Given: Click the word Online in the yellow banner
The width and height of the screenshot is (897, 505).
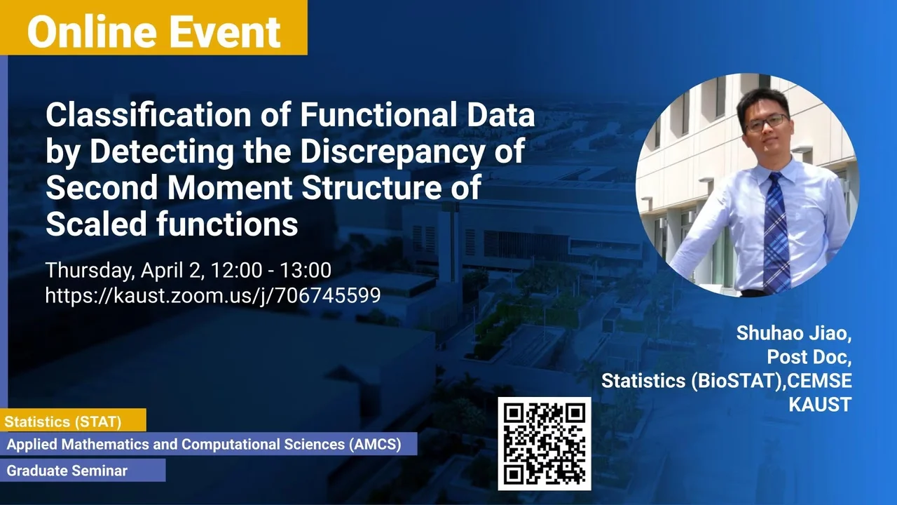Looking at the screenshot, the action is point(92,32).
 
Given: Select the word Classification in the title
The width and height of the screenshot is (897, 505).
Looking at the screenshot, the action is point(149,115).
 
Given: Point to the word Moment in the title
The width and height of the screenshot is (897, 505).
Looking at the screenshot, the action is point(229,187).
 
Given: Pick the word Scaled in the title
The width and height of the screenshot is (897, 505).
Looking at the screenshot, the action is point(96,224).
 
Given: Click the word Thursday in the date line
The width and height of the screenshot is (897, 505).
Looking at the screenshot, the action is point(90,271).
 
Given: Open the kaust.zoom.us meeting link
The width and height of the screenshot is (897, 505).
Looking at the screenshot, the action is point(213,296).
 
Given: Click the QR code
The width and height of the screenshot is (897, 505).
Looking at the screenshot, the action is point(545,444).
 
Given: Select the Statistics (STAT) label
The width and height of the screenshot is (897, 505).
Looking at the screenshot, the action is point(63,422).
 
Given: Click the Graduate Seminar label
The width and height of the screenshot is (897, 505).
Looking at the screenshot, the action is point(67,471).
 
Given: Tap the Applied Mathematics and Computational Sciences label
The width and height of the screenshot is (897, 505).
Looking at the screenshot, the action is point(204,445).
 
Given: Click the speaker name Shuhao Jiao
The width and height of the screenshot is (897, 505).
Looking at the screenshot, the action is point(794,333).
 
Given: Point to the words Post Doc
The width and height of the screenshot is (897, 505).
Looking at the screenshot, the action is point(809,357).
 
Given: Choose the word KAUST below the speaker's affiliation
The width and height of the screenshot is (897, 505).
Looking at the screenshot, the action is point(820,405).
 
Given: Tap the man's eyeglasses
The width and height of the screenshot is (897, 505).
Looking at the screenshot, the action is point(767,123).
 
